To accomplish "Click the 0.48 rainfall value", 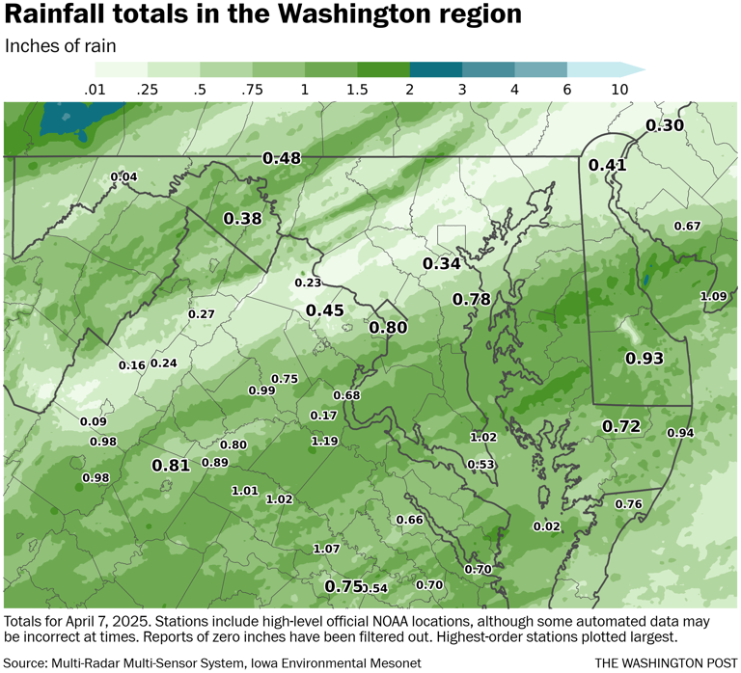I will (282, 158).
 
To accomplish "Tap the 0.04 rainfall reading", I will (123, 176).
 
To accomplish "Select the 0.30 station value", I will (664, 125).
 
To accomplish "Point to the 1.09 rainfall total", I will (713, 296).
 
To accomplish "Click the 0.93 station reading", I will (645, 359).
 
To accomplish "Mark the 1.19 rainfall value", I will (324, 442).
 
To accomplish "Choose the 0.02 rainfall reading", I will (546, 525).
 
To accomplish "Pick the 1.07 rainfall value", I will (327, 549).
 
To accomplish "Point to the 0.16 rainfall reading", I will (131, 365).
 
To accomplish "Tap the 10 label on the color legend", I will (619, 89).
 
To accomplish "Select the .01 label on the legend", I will (95, 89).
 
